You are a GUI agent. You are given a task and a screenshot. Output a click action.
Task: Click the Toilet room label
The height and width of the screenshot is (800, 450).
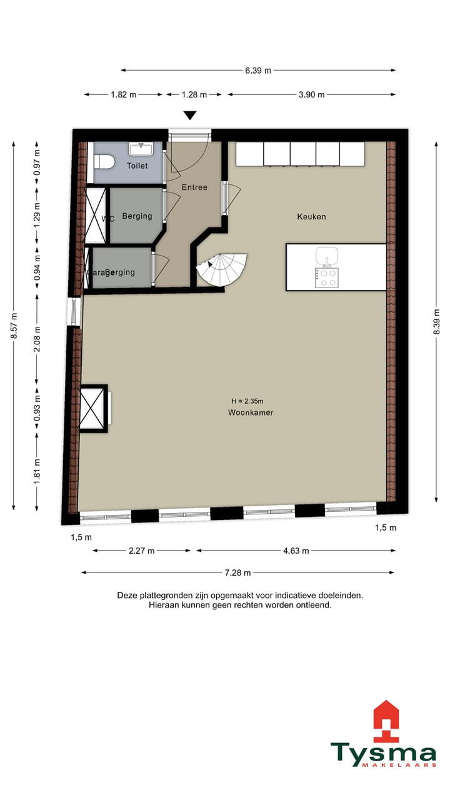point(137,166)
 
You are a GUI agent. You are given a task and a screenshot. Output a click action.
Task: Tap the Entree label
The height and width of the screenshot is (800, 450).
point(194,187)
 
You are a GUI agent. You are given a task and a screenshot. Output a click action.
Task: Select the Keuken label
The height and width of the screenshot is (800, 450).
point(311,217)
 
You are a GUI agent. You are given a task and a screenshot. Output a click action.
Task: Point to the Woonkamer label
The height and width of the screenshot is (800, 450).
point(251,413)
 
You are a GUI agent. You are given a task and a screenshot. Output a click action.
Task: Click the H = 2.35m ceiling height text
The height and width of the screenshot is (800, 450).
point(247,401)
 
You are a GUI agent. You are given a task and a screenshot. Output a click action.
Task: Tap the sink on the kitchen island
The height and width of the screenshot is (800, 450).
point(326,256)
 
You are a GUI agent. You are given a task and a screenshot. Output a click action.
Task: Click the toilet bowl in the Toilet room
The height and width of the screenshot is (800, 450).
point(104,161)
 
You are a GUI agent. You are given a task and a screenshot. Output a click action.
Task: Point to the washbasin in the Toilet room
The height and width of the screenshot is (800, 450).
point(141,149)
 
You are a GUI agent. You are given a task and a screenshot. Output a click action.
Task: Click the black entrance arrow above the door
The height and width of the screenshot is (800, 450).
point(190,115)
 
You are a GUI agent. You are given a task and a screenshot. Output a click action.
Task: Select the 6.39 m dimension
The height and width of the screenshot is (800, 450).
point(258,71)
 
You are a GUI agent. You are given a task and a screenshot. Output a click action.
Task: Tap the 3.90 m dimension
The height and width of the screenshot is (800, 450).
point(311,95)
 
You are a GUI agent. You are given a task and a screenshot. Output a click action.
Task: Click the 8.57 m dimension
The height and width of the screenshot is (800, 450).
point(14,326)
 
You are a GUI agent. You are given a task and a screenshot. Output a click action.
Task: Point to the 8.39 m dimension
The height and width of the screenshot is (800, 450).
point(436,326)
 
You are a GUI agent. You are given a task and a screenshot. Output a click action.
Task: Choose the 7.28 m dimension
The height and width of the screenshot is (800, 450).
point(238,572)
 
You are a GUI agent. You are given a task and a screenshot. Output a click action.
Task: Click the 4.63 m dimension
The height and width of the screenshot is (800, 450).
point(296,551)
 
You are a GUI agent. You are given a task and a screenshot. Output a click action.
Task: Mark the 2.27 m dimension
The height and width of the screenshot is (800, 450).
point(142,551)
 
